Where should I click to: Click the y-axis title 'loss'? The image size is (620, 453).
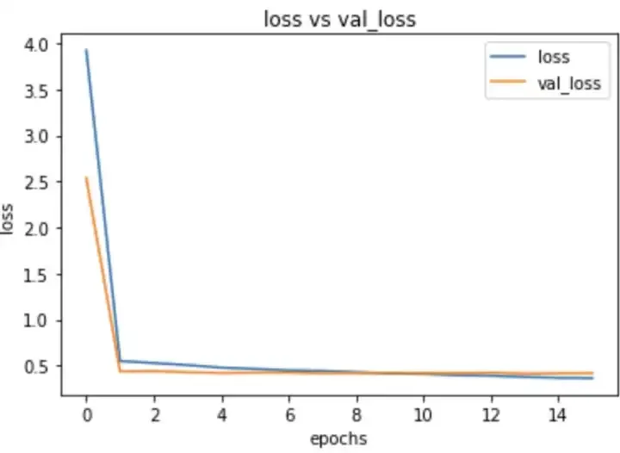(9, 219)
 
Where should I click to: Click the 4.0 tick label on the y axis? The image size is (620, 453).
(40, 44)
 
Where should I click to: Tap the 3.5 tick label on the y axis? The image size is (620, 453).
(40, 90)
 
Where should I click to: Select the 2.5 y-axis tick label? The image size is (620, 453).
(40, 183)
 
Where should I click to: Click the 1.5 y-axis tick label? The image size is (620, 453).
(40, 275)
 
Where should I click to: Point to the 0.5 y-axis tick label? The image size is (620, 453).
(40, 367)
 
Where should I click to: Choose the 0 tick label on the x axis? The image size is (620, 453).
(86, 413)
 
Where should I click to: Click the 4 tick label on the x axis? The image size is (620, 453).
(221, 413)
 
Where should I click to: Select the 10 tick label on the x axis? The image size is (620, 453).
(423, 413)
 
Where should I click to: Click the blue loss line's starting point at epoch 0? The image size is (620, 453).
(86, 50)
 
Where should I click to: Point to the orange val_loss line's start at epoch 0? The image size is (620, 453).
(86, 178)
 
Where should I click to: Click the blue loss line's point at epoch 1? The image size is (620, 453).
(120, 361)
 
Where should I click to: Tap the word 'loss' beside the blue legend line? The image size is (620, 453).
(553, 59)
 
